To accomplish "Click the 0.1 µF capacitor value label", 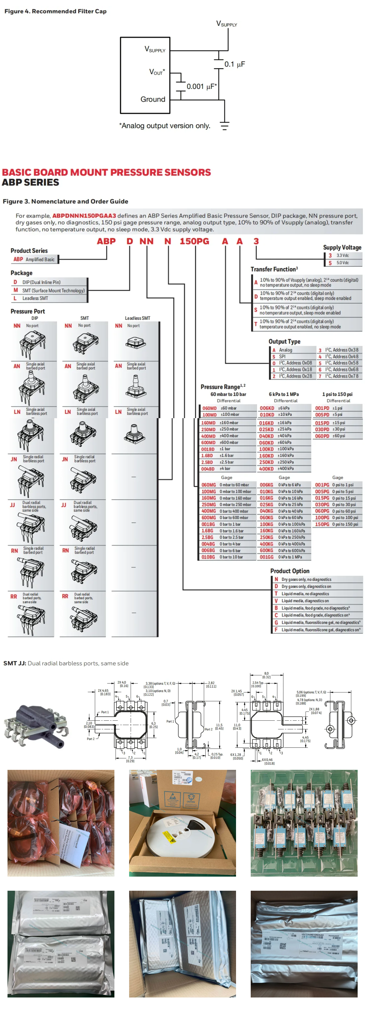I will (x=234, y=64).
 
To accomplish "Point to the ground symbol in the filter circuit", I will (x=224, y=125).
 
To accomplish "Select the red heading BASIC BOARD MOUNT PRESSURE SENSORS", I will (x=106, y=172).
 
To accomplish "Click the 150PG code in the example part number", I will (x=194, y=241).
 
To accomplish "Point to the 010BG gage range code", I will (x=208, y=557).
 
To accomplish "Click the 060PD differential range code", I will (x=322, y=436).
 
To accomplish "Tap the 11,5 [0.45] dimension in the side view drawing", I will (x=219, y=727).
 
